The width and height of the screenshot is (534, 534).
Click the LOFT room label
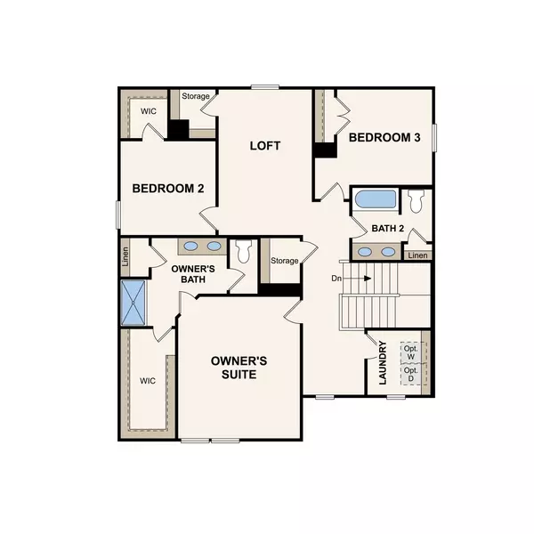pyautogui.click(x=265, y=144)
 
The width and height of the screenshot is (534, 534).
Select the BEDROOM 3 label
pyautogui.click(x=384, y=137)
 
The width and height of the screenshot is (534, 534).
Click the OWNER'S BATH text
pyautogui.click(x=189, y=273)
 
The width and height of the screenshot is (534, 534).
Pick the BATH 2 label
pyautogui.click(x=388, y=228)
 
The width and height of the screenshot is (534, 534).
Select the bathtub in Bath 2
pyautogui.click(x=375, y=198)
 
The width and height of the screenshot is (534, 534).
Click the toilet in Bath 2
pyautogui.click(x=416, y=200)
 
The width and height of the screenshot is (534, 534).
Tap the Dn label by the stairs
pyautogui.click(x=337, y=278)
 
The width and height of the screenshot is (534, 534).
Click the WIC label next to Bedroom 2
pyautogui.click(x=145, y=111)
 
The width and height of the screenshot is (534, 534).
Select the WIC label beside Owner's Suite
pyautogui.click(x=147, y=380)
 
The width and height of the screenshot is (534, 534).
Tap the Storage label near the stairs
pyautogui.click(x=285, y=261)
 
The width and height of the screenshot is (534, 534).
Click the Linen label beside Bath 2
pyautogui.click(x=417, y=256)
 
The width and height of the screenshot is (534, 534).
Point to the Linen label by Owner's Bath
pyautogui.click(x=125, y=257)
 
